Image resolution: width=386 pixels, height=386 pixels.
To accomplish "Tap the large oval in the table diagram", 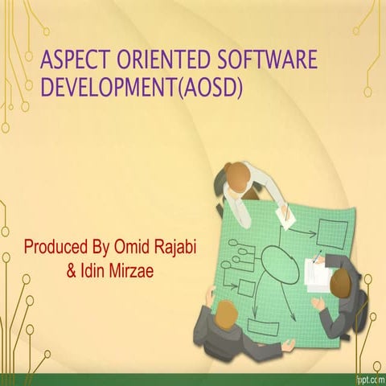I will (279, 265).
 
